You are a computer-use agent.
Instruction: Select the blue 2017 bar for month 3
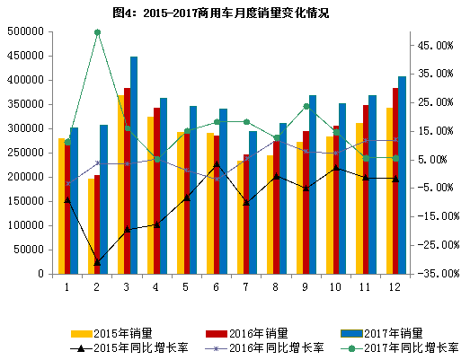click(134, 166)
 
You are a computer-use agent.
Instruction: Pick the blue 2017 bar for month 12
click(402, 176)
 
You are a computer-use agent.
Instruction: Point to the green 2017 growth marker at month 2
click(97, 32)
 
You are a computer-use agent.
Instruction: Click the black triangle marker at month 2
click(97, 261)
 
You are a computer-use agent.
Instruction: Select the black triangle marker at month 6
click(216, 164)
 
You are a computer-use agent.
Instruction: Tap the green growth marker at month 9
click(306, 106)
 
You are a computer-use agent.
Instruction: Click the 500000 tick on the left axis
click(26, 31)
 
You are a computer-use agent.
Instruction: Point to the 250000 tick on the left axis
click(26, 153)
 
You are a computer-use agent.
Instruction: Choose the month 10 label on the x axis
click(334, 287)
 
